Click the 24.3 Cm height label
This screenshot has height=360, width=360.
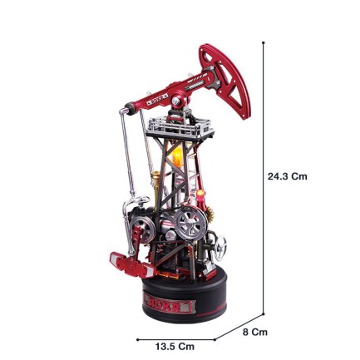pos(288,176)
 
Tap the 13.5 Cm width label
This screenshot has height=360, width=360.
pos(175,346)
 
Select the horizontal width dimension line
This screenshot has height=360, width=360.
pos(176,338)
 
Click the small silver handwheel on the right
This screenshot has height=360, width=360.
pos(219,245)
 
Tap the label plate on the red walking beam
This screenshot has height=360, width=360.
pos(157,102)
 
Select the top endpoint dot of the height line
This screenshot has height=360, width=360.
pos(264,42)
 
